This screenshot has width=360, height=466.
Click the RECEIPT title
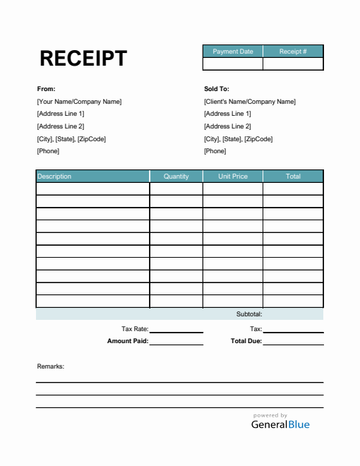click(83, 58)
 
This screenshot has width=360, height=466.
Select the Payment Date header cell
click(233, 52)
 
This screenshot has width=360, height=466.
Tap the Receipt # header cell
click(293, 52)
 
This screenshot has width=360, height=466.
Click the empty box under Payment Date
click(233, 64)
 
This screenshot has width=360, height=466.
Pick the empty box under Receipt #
click(293, 64)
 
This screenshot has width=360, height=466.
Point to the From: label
click(46, 89)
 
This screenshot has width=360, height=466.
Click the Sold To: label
click(217, 89)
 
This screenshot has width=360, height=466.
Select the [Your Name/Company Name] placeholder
click(79, 102)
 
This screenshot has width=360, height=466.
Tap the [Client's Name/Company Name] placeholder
click(250, 102)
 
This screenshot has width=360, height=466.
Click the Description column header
click(54, 177)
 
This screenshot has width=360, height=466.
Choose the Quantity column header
click(176, 177)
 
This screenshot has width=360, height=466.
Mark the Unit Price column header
click(233, 177)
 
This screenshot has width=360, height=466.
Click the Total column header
click(293, 177)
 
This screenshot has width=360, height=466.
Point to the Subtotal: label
click(249, 314)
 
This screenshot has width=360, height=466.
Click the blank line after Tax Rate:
click(176, 330)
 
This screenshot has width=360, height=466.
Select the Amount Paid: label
click(128, 341)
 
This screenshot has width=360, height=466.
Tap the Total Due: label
click(246, 341)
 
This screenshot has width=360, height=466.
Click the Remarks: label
click(51, 366)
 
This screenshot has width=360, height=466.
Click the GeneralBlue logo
click(280, 424)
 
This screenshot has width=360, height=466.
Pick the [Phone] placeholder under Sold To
click(215, 151)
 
